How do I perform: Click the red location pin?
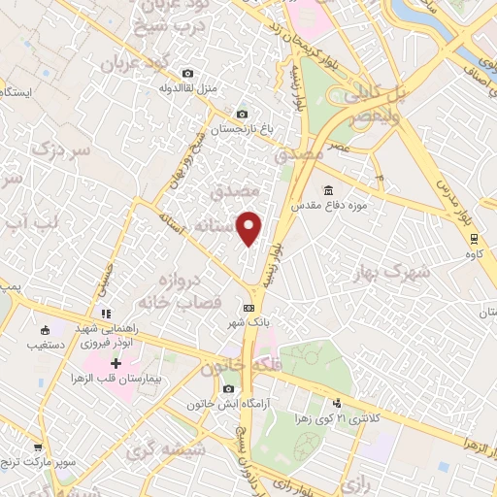pyautogui.click(x=250, y=227)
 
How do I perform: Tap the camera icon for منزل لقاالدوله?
pyautogui.click(x=187, y=73)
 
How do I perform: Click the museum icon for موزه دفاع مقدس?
pyautogui.click(x=329, y=190)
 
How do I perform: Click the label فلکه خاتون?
pyautogui.click(x=234, y=370)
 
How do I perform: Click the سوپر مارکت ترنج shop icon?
pyautogui.click(x=38, y=447)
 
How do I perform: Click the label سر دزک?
pyautogui.click(x=60, y=150)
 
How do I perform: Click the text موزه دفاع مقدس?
pyautogui.click(x=379, y=190)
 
